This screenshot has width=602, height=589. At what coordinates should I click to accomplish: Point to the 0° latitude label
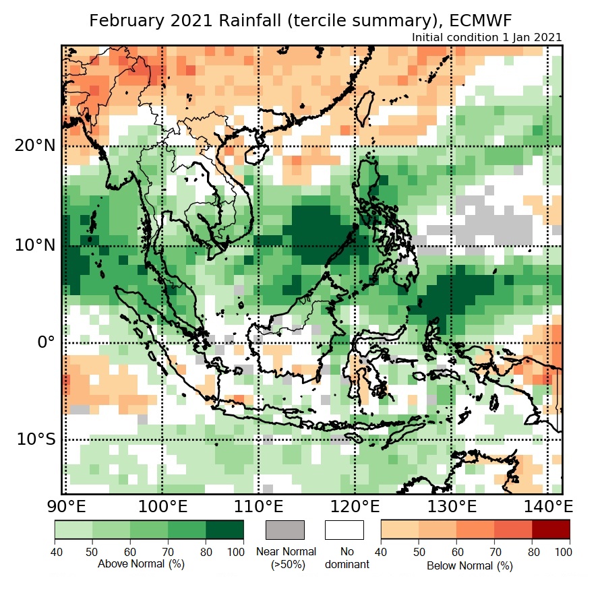point(45,342)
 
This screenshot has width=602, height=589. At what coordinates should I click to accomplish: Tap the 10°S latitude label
point(36,439)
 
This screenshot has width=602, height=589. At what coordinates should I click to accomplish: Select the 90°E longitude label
point(67,506)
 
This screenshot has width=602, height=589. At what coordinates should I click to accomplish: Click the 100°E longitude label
point(162,506)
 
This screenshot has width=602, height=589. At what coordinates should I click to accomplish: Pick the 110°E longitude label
point(258,506)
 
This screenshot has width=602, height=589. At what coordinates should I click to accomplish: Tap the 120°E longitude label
point(354,506)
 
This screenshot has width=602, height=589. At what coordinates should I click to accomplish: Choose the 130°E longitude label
point(450,506)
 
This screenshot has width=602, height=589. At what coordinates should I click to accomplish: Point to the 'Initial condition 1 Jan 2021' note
point(487,38)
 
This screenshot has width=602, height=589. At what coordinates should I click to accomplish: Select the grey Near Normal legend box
point(285,530)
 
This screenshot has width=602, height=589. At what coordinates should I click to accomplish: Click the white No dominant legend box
point(344,530)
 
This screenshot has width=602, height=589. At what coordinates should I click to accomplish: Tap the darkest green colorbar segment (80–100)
point(224,530)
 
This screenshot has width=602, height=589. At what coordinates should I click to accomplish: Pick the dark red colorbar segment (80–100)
point(551,530)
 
